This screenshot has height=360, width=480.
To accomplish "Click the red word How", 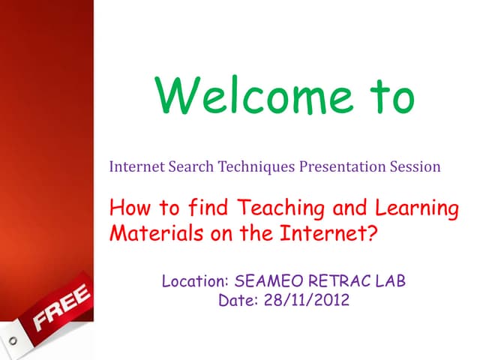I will pos(127,208).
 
